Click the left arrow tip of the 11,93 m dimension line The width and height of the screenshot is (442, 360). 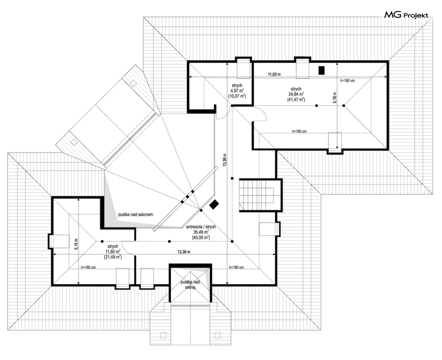point(189,77)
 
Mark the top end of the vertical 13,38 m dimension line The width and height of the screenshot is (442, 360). point(227,63)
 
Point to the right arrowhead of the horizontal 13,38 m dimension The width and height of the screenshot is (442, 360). point(275,254)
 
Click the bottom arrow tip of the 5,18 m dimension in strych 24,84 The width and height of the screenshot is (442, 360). point(337,148)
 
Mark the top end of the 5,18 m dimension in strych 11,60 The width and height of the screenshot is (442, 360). point(78,198)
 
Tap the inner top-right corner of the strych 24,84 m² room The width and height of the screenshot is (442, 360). point(386,63)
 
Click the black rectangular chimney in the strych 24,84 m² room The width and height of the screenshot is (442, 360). point(321,70)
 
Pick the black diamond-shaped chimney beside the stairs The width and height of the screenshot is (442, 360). point(215,205)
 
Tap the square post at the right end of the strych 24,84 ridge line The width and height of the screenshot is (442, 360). point(344,106)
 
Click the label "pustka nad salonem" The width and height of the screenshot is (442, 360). point(136,214)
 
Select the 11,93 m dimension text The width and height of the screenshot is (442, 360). point(274,74)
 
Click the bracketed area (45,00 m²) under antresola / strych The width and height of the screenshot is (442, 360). point(201,238)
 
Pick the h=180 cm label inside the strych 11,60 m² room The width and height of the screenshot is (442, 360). point(88,267)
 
